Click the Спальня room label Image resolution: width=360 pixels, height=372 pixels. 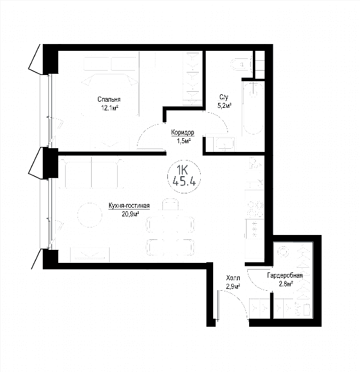coord(109,99)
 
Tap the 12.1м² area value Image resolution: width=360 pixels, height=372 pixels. coord(110,108)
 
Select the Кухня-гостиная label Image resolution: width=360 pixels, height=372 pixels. coord(129,206)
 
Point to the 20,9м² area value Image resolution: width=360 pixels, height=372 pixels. coord(130,215)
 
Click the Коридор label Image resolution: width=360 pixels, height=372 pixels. coord(183,133)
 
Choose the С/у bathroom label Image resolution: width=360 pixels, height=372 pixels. coord(224,97)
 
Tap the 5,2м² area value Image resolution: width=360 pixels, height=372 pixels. coord(224,106)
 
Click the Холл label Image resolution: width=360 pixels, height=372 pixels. coord(233,278)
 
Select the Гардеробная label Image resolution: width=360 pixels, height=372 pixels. coord(285,275)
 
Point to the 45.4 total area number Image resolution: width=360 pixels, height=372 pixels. coord(184,182)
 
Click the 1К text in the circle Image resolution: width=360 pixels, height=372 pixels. coord(183,170)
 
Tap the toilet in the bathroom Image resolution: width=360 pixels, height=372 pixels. coord(241,64)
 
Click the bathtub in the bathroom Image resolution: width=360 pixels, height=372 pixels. coord(253,108)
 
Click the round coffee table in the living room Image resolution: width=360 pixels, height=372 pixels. coord(90,215)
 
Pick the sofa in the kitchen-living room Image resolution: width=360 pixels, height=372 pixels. coord(91,174)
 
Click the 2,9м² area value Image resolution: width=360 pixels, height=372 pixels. coord(234,286)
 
